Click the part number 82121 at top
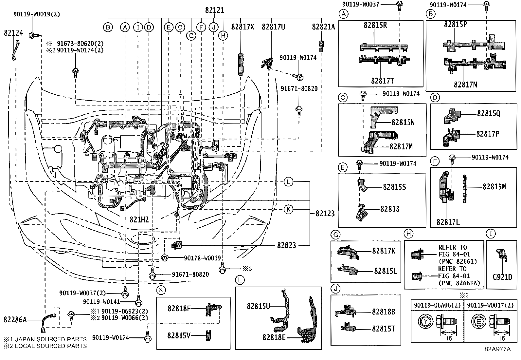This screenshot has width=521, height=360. coord(215,10)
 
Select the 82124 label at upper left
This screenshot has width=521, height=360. coord(13,33)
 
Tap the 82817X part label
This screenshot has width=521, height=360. coord(243,27)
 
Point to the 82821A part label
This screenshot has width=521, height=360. coord(323,27)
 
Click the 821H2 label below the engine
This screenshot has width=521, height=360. coord(139,219)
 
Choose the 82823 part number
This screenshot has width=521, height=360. coord(286,245)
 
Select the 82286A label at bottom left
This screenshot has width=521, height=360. coord(15,320)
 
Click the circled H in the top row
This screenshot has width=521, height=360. coord(223,36)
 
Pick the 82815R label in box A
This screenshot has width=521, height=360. coord(375,26)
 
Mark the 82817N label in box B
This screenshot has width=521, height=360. coord(465,85)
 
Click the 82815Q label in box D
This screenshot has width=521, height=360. coord(488,113)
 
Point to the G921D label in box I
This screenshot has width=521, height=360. coord(502,277)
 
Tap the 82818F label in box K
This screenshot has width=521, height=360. coord(179,308)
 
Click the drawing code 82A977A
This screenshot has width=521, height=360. coord(497,349)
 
